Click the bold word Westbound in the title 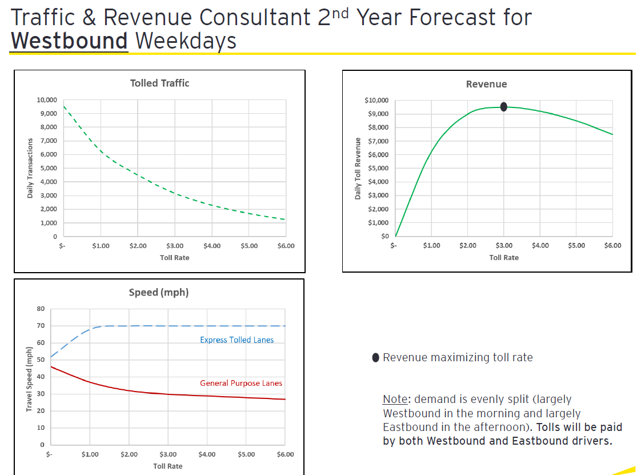(69, 41)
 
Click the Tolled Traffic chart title (159, 83)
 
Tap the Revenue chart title (486, 85)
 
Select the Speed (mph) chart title (159, 293)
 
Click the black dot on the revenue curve (503, 107)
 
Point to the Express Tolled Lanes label (237, 340)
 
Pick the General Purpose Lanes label (241, 384)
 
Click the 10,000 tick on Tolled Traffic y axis (47, 100)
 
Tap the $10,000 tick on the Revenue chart (376, 101)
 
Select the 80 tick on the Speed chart (41, 309)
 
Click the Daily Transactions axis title (30, 169)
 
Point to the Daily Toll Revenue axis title (358, 169)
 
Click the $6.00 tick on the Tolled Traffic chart (286, 246)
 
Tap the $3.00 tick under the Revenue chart (504, 246)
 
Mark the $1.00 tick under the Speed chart (90, 455)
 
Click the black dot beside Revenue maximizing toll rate (375, 358)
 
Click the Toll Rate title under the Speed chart (167, 466)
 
